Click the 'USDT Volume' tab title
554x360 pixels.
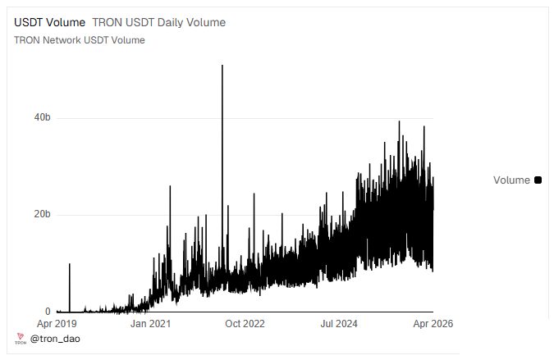tap(49, 23)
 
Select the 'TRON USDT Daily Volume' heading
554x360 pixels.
tap(159, 23)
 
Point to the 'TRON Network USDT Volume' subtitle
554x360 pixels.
tap(80, 40)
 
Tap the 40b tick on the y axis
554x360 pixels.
tap(43, 117)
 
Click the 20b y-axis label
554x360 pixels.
tap(43, 214)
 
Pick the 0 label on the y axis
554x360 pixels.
tap(48, 312)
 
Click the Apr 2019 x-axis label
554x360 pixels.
tap(57, 324)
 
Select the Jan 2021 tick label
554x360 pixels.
tap(150, 324)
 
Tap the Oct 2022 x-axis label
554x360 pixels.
tap(245, 324)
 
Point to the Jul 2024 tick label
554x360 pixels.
tap(339, 324)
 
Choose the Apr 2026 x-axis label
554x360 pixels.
tap(433, 324)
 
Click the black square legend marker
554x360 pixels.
tap(538, 180)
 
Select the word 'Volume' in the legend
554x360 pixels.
tap(511, 180)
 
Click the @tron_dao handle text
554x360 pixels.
tap(55, 339)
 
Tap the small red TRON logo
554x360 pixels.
tap(21, 338)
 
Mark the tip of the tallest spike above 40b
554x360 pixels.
tap(222, 65)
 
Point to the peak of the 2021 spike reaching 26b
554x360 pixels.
tap(170, 186)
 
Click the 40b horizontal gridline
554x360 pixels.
tap(245, 118)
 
